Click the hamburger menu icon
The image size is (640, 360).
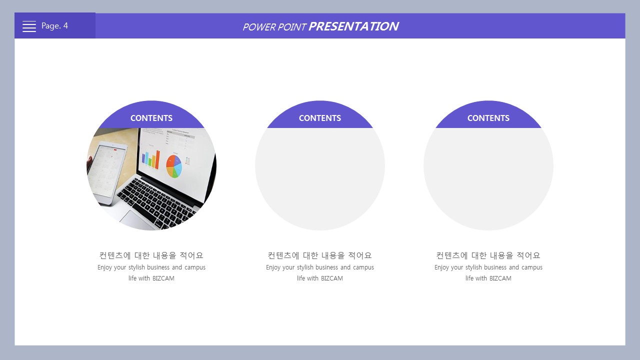(29, 26)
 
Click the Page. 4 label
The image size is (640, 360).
(54, 26)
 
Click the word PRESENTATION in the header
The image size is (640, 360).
(353, 26)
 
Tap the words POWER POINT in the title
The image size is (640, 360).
(274, 27)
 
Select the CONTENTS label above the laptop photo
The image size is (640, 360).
(151, 118)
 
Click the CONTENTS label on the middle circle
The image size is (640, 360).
(320, 118)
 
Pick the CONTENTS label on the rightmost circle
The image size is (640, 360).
(488, 118)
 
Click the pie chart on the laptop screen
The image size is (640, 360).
(174, 166)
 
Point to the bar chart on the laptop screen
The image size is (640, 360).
(151, 159)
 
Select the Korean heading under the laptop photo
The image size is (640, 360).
(151, 255)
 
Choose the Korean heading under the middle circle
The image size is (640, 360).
(319, 255)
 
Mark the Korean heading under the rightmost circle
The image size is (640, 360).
(488, 255)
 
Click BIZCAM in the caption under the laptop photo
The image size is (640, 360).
(163, 278)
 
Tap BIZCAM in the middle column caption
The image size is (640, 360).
(331, 278)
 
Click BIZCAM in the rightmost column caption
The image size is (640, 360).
(500, 278)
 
